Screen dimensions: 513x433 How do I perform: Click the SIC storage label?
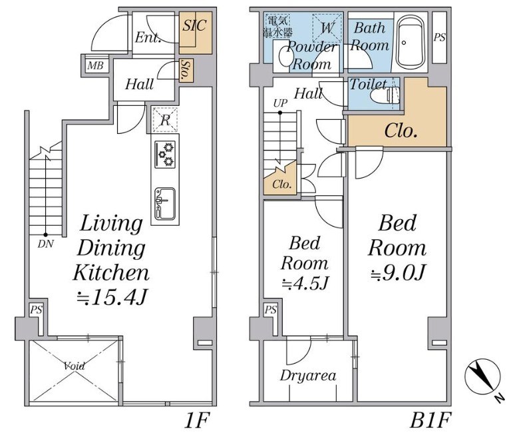[194, 25]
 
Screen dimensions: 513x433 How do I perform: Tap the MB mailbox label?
[95, 66]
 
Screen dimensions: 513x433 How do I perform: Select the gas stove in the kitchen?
[165, 154]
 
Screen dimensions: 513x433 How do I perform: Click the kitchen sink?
[165, 204]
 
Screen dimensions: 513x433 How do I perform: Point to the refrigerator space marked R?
[165, 120]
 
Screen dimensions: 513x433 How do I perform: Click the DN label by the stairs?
[45, 244]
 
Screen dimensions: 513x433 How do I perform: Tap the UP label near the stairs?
[280, 103]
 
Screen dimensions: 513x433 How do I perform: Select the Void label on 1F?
[75, 366]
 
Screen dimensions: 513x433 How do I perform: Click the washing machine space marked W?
[327, 28]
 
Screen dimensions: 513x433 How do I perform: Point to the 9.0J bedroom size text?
[398, 273]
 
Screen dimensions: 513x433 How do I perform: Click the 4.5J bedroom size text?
[305, 283]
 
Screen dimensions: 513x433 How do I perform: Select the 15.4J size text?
[111, 298]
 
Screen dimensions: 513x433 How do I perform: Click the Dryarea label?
[308, 376]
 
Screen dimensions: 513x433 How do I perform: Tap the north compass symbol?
[482, 376]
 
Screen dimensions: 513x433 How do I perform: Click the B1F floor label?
[430, 420]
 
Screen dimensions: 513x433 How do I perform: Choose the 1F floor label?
[197, 420]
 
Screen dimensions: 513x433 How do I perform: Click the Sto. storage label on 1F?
[186, 71]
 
